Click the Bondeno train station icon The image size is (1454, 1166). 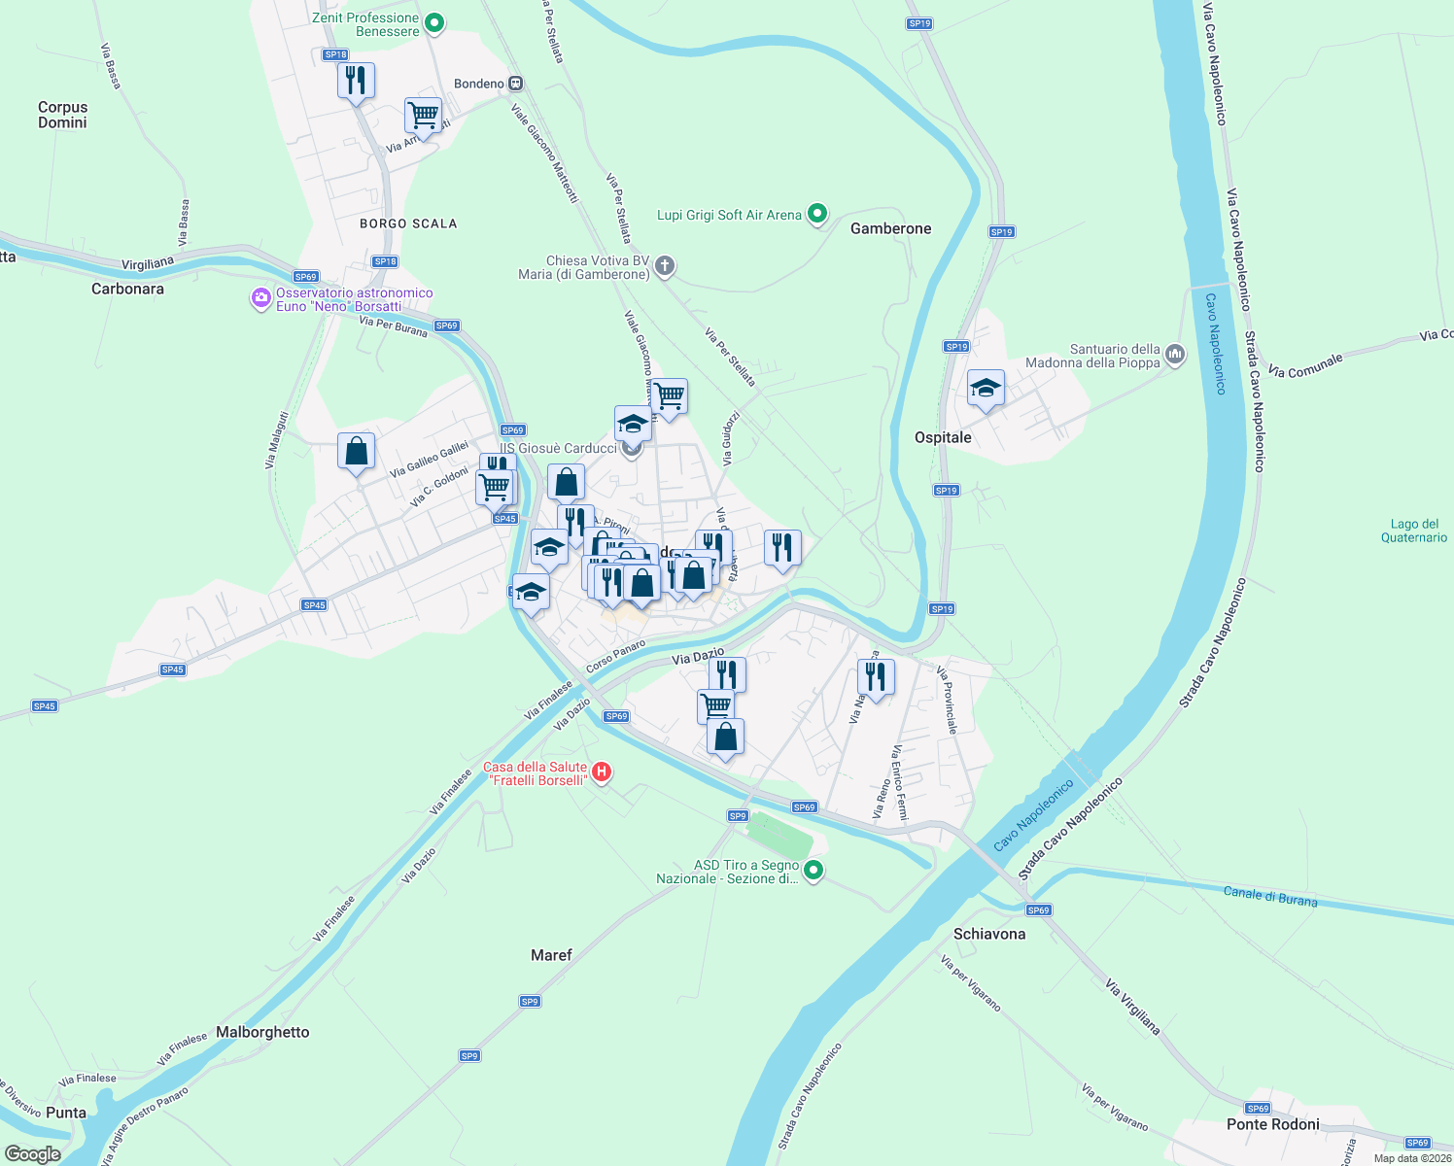point(516,84)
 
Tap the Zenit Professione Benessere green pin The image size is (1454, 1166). point(435,22)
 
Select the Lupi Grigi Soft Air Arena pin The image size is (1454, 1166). point(818,213)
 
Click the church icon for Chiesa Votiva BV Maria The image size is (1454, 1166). point(665,265)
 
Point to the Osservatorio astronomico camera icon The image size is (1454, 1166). point(260,298)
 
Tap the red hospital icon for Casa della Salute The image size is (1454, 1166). point(602,772)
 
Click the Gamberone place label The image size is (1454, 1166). point(890,229)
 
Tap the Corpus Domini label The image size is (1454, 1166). point(62,115)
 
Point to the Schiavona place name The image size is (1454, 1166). point(989,934)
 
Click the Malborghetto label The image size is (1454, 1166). point(262,1032)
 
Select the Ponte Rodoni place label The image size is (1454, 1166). point(1272,1124)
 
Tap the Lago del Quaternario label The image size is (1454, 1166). point(1414,531)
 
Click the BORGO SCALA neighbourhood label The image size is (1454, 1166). point(408,223)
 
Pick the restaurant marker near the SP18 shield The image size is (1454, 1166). point(357,81)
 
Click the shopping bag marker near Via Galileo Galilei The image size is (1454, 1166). point(357,452)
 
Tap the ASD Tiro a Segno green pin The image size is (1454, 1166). point(814,870)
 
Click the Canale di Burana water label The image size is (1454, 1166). point(1270,896)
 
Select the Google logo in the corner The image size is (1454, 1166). point(32,1153)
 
